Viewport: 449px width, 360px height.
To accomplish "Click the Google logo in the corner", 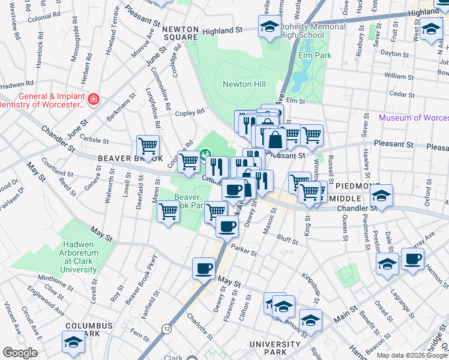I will [20, 353].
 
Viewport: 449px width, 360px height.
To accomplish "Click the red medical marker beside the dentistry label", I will [93, 99].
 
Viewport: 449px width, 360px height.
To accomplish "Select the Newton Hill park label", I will [244, 84].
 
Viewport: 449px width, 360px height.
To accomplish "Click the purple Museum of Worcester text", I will [413, 118].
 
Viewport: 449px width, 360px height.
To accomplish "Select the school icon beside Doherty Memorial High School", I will [270, 26].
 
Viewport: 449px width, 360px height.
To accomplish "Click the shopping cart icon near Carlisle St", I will [148, 145].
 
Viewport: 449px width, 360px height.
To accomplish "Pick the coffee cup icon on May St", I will [204, 268].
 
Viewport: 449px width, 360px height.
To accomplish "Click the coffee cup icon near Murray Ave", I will [412, 259].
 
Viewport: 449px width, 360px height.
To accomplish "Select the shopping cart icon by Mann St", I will [169, 211].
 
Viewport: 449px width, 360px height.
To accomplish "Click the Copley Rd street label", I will [190, 112].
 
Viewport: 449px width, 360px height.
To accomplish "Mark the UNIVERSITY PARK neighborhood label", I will [276, 344].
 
